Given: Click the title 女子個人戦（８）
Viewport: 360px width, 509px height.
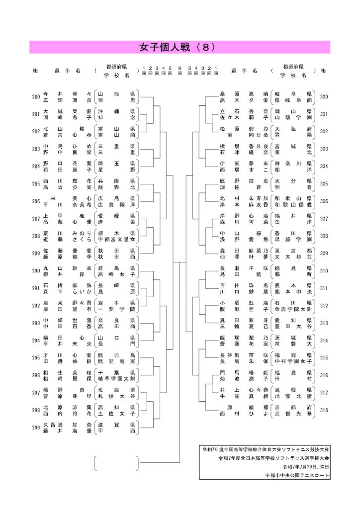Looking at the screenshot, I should click(180, 47).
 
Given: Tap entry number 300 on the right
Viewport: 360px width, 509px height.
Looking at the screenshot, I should click(324, 96).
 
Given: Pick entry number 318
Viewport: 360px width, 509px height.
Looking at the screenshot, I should click(324, 410).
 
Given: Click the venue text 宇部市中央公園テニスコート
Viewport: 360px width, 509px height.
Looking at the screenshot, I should click(297, 476).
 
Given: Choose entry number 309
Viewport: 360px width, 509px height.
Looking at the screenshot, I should click(324, 253).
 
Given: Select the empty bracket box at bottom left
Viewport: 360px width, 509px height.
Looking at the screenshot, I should click(116, 462).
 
